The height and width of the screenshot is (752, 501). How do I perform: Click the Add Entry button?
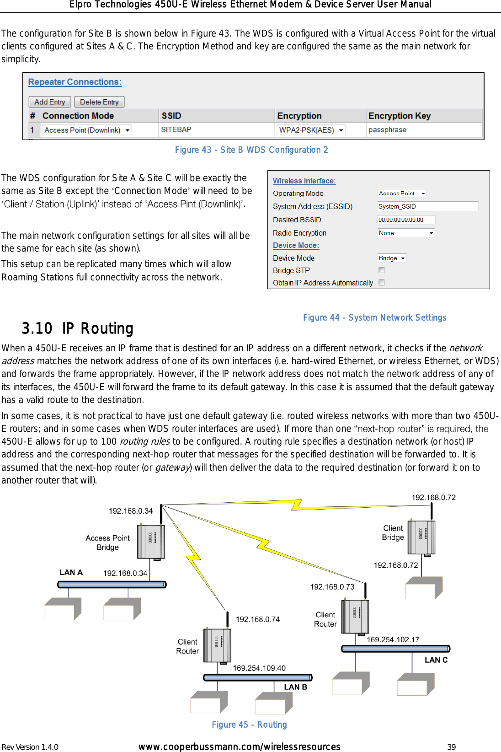tap(50, 102)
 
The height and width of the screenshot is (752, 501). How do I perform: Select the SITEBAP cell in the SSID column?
tap(176, 130)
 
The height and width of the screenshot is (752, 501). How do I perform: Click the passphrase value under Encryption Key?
tap(387, 130)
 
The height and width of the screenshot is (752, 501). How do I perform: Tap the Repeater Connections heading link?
tap(75, 82)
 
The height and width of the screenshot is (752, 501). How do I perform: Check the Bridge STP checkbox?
tap(382, 270)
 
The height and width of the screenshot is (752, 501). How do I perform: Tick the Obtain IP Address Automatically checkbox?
tap(382, 283)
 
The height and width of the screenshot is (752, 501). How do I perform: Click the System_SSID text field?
tap(427, 206)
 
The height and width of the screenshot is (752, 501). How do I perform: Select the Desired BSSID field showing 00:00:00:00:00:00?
tap(406, 220)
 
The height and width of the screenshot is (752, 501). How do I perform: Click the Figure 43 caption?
tap(251, 150)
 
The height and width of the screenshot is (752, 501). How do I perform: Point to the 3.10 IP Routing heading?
tap(78, 328)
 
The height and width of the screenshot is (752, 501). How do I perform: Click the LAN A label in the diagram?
tap(71, 572)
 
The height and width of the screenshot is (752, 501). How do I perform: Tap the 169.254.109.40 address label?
tap(259, 668)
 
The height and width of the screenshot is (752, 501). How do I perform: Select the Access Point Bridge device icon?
tap(151, 542)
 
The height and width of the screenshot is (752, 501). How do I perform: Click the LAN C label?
tap(436, 660)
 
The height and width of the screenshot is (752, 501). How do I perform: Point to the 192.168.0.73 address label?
tap(332, 587)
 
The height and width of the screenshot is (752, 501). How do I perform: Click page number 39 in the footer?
tap(451, 747)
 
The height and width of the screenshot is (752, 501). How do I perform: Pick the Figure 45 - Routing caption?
tap(250, 725)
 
